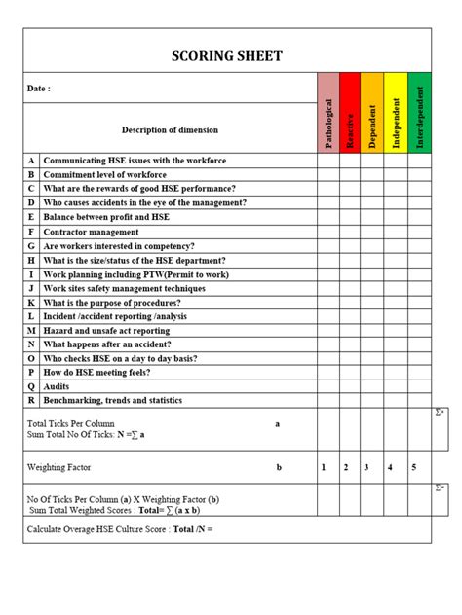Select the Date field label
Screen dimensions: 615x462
[x=38, y=89]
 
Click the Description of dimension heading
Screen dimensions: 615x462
[x=170, y=129]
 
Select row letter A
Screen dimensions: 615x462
[x=31, y=160]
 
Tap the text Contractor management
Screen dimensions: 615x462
[x=91, y=232]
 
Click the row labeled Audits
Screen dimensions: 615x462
[x=57, y=386]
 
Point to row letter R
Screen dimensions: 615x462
[x=31, y=400]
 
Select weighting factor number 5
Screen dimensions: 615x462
[x=414, y=468]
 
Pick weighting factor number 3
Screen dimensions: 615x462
[x=366, y=468]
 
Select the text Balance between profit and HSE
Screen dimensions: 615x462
[x=106, y=217]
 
